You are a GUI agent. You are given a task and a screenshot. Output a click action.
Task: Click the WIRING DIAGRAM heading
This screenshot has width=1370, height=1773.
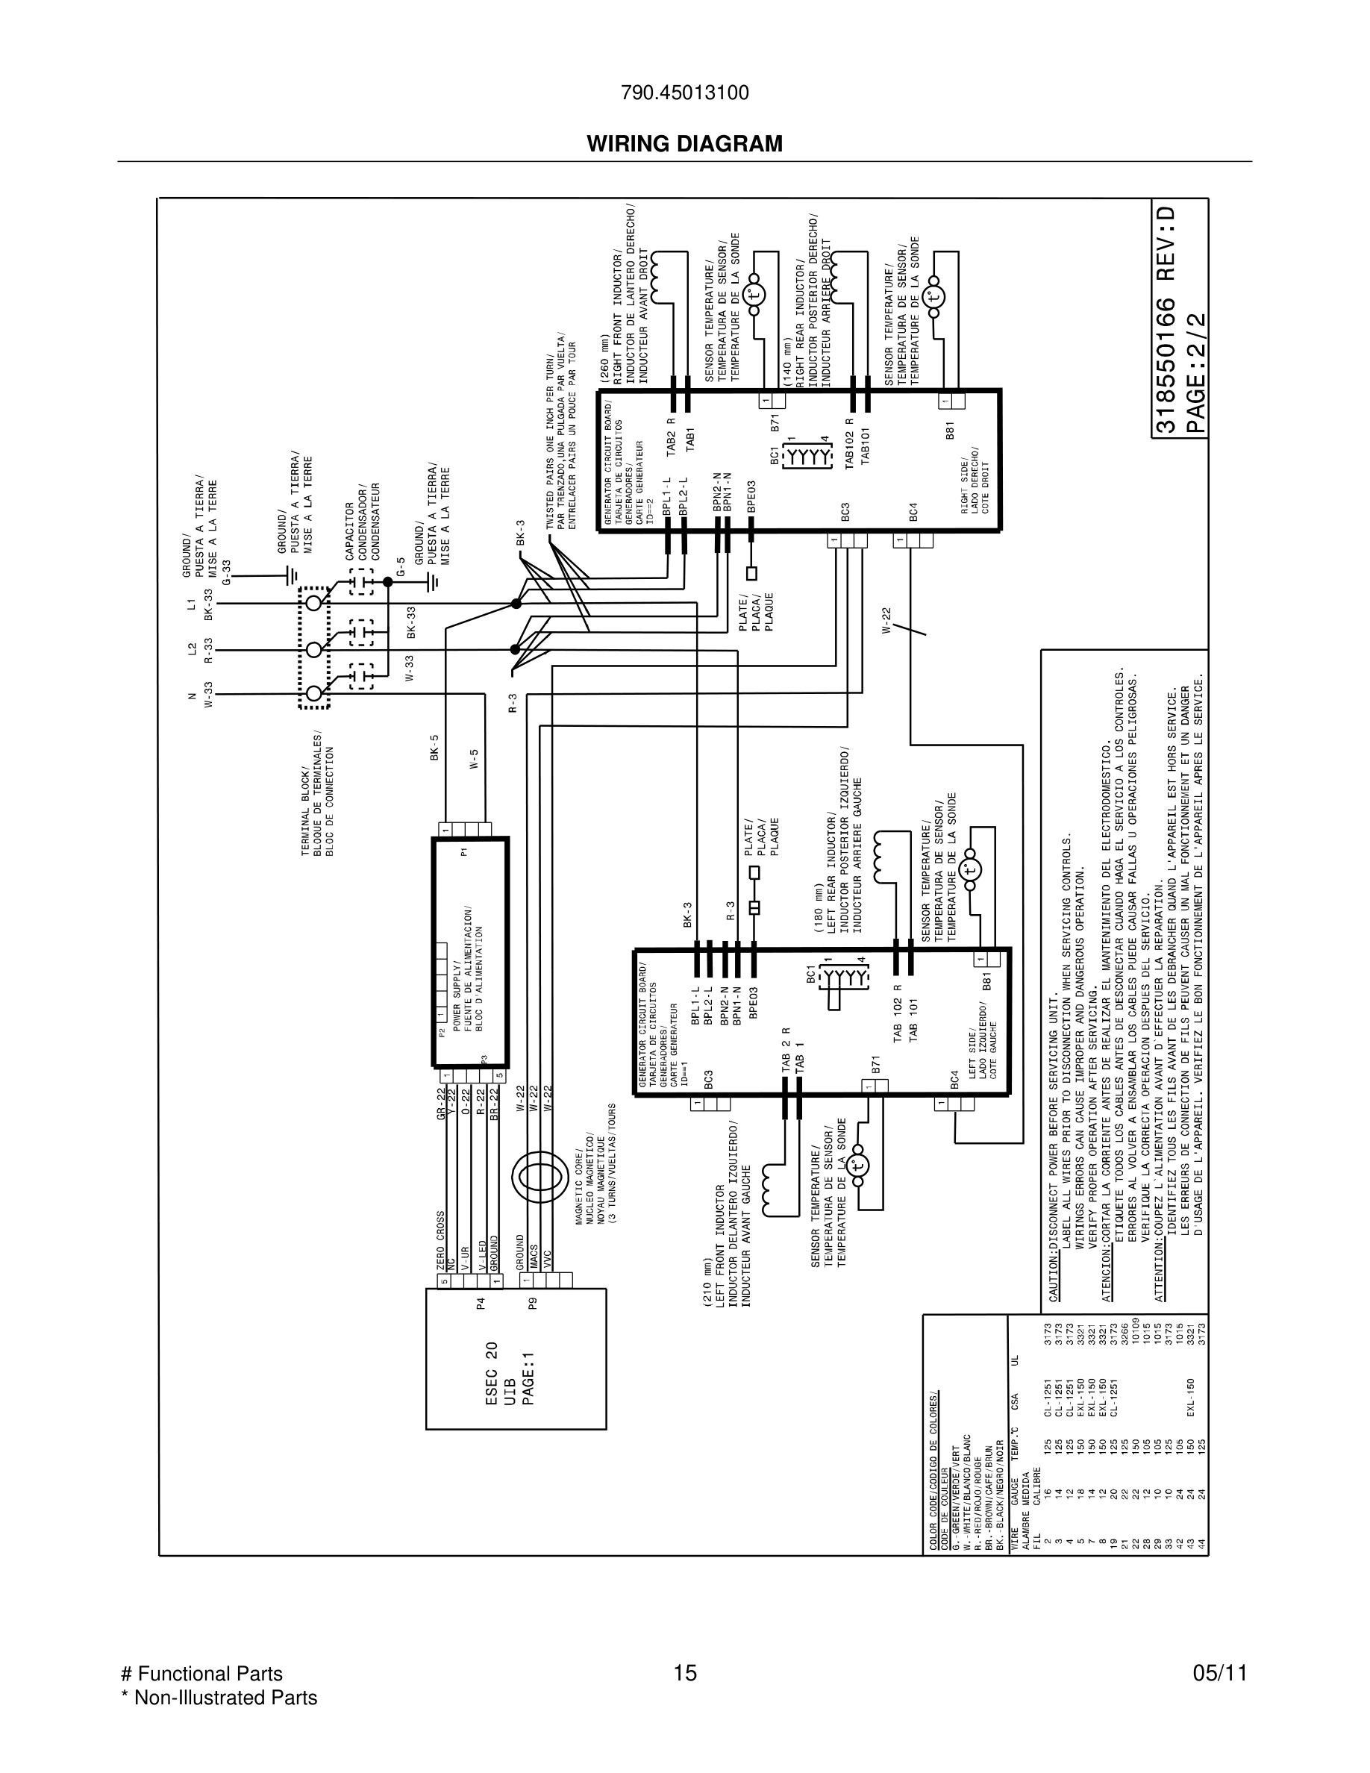point(684,144)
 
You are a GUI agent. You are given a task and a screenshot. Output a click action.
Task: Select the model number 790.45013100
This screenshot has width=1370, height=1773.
point(684,93)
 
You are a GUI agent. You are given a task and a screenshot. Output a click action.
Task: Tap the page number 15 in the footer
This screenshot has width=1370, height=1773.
point(685,1673)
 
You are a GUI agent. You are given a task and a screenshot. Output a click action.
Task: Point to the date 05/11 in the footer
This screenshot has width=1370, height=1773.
point(1219,1673)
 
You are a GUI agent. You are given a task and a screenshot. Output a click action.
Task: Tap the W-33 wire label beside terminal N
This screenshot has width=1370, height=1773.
point(209,695)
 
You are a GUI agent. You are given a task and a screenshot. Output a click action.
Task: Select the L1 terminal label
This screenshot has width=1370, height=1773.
point(193,604)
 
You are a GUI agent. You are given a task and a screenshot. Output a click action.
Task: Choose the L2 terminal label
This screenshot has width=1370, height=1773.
point(193,649)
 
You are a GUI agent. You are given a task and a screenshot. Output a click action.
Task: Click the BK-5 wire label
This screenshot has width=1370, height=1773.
point(434,748)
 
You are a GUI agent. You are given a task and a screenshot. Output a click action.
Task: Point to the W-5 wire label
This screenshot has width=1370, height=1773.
point(475,759)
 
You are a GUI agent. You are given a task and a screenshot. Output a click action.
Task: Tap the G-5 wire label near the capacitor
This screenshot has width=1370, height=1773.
point(400,566)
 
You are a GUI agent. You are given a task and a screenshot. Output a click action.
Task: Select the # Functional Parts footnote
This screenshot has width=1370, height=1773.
point(201,1673)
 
